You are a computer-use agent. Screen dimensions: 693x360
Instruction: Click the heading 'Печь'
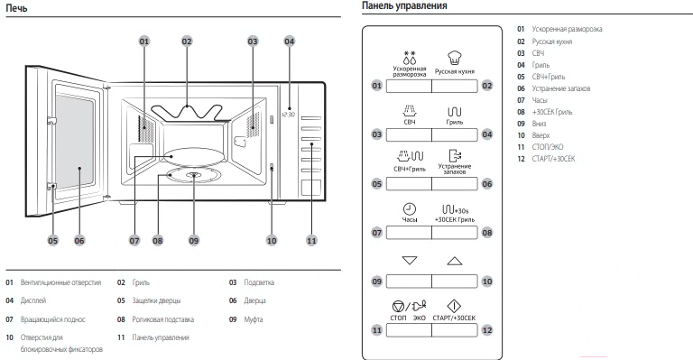[x=16, y=8]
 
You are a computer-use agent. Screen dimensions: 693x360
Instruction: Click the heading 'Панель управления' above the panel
[x=404, y=5]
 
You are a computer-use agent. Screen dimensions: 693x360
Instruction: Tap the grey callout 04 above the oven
[x=289, y=42]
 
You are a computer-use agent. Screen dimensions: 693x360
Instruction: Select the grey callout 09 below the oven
[x=194, y=240]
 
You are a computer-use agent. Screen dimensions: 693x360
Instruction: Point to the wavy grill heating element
[x=187, y=112]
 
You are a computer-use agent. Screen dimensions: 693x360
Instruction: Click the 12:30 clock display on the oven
[x=288, y=115]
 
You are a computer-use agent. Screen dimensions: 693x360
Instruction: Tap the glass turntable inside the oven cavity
[x=194, y=157]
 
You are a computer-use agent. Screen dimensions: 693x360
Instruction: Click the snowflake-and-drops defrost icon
[x=410, y=58]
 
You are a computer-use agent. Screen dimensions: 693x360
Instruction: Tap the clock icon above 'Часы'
[x=410, y=209]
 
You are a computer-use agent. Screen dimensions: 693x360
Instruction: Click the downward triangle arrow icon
[x=410, y=260]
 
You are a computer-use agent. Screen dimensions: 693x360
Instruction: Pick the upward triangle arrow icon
[x=455, y=261]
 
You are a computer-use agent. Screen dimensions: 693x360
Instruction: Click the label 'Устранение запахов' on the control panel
[x=455, y=169]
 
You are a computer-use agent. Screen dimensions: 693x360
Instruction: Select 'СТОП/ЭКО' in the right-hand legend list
[x=548, y=147]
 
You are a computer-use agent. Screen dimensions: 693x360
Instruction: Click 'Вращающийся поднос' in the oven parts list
[x=52, y=319]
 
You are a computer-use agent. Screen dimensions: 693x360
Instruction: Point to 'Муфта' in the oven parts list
[x=254, y=319]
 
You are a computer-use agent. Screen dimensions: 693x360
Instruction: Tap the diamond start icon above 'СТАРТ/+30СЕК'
[x=454, y=306]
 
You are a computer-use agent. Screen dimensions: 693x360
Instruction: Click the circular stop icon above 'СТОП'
[x=398, y=306]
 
